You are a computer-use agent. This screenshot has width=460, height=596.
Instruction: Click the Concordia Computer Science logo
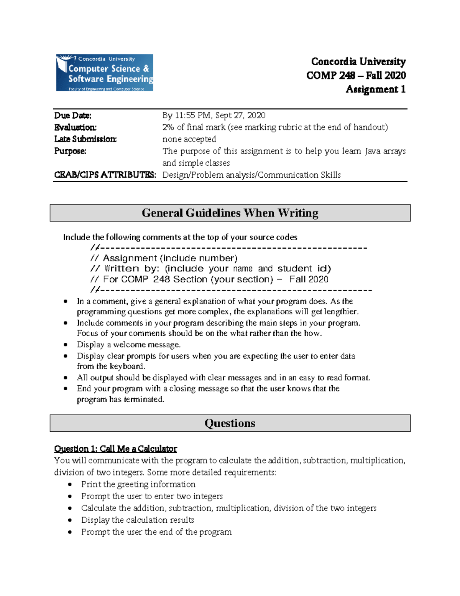tap(105, 73)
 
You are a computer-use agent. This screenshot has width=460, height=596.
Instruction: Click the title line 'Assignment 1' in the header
tap(375, 89)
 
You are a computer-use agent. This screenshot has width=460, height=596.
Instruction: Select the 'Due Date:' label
tap(73, 116)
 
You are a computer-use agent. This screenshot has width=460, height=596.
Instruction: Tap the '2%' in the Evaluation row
tap(168, 127)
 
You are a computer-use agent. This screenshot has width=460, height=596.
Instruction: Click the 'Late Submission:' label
tap(85, 139)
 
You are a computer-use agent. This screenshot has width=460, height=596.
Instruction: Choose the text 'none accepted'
tap(189, 139)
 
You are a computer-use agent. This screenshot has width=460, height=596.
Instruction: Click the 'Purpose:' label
tap(70, 151)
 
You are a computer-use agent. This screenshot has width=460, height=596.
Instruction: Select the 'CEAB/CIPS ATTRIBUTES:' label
tap(105, 175)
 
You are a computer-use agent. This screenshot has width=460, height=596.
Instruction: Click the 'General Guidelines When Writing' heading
tap(230, 213)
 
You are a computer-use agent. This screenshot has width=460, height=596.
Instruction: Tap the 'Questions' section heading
tap(230, 423)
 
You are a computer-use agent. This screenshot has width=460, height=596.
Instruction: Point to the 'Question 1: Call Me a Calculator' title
tap(115, 449)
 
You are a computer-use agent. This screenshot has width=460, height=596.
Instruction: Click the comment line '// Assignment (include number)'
tap(164, 258)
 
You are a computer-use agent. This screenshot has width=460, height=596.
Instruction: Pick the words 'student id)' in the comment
tap(304, 269)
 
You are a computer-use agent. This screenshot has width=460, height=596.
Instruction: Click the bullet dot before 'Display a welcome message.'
tap(66, 345)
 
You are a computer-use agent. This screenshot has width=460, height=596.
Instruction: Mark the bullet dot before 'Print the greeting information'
tap(70, 485)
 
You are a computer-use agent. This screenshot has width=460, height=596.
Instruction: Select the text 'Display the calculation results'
tap(138, 520)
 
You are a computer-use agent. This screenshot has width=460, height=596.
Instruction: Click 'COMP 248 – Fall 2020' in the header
tap(356, 76)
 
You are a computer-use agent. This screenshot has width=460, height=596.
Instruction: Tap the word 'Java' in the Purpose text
tap(373, 151)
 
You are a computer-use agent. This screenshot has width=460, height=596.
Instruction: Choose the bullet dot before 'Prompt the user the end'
tap(70, 532)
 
